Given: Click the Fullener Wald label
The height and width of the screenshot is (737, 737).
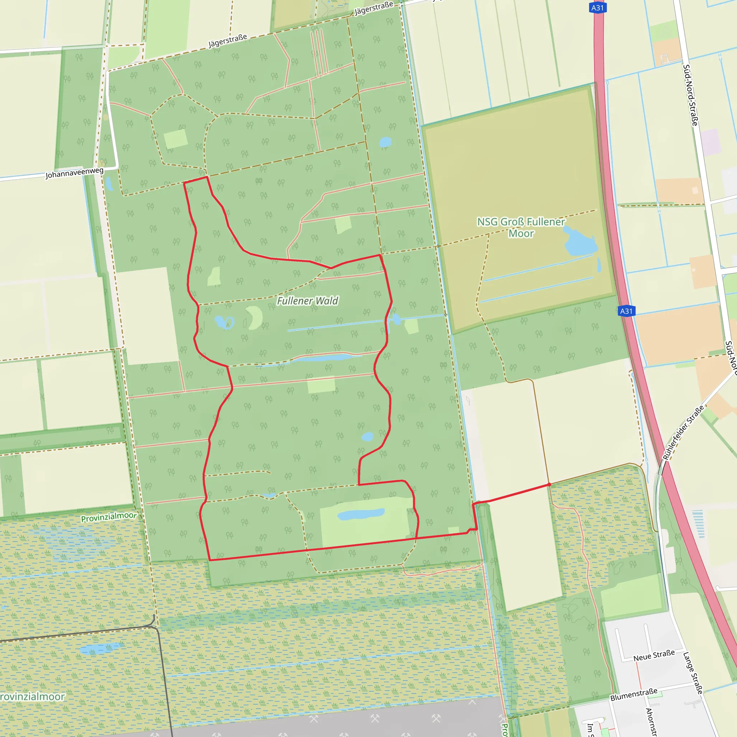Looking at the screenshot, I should click(x=307, y=301).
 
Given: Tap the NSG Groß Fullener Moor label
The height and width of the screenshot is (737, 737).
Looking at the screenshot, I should click(x=521, y=227).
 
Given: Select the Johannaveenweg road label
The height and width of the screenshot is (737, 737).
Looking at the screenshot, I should click(x=74, y=173).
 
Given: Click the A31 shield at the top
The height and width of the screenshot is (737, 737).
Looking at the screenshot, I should click(x=597, y=8).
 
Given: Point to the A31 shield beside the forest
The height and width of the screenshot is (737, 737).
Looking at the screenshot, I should click(x=627, y=311).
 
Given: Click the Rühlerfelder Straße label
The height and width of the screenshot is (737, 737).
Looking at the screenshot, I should click(x=683, y=433).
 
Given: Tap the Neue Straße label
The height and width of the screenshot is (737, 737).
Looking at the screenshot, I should click(x=654, y=655).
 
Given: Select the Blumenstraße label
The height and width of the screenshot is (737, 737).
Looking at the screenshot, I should click(x=634, y=695).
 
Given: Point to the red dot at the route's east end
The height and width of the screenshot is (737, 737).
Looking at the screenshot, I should click(x=549, y=484).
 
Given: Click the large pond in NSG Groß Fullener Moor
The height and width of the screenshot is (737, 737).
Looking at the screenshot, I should click(x=580, y=241).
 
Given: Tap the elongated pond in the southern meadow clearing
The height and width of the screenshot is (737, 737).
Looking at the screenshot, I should click(x=361, y=514).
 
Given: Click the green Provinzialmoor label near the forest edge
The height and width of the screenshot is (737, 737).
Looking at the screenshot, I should click(x=109, y=517).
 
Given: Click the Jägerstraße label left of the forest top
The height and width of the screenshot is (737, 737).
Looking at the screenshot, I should click(x=228, y=41).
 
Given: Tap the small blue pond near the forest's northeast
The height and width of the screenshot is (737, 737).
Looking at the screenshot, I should click(x=385, y=142).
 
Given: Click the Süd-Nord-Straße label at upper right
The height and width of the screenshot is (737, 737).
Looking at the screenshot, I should click(x=691, y=95).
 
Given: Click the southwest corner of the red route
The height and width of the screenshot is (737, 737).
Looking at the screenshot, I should click(x=210, y=560).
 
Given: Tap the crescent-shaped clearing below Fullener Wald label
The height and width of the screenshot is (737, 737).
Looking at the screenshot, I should click(x=255, y=317).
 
